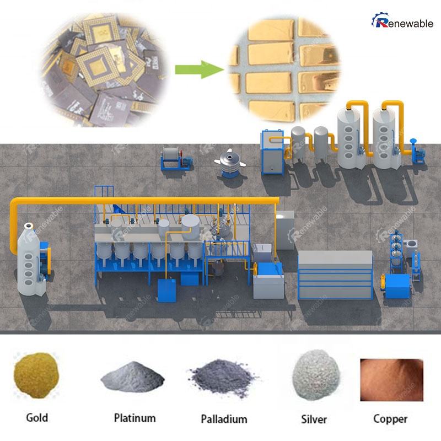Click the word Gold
(37, 417)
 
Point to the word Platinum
(135, 418)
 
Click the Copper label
(390, 418)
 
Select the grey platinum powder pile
(132, 379)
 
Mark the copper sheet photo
(390, 380)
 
